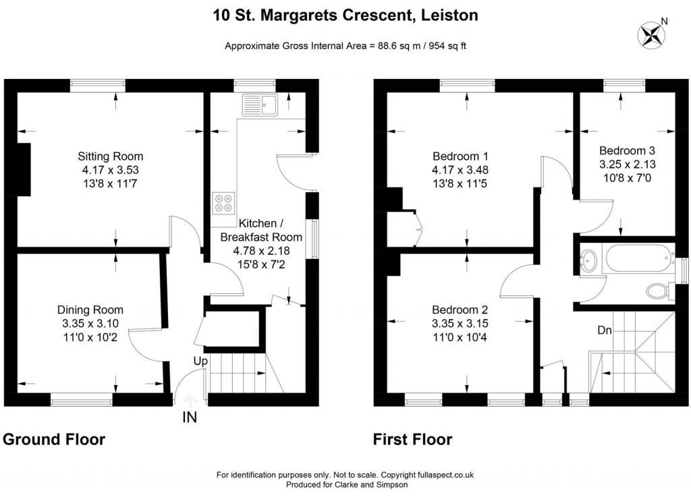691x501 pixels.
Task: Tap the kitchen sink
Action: point(260,105)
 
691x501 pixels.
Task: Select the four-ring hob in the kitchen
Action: point(223,203)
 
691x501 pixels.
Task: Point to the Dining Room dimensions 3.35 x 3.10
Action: point(90,324)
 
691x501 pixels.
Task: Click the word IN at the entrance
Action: point(190,418)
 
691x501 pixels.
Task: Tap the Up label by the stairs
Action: point(200,361)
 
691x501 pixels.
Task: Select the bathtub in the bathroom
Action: point(637,258)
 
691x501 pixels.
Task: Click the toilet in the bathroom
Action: point(657,291)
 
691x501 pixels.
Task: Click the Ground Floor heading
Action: point(54,440)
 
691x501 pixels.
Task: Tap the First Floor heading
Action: point(412,440)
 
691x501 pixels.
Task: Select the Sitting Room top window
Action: point(98,84)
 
